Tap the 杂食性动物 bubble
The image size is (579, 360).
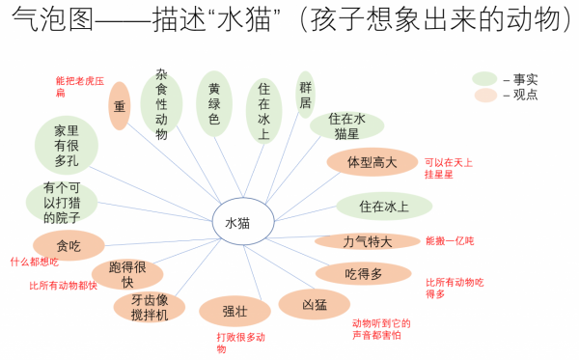[161, 103]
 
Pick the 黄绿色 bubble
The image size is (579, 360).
[214, 103]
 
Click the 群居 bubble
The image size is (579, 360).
[305, 95]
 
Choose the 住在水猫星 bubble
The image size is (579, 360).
[346, 125]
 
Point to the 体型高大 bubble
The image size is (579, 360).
[372, 162]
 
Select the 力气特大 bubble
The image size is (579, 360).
[368, 241]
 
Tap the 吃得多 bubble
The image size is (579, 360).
[364, 274]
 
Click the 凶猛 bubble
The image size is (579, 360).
[315, 304]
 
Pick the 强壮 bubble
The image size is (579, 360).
[234, 311]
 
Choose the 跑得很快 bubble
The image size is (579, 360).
[127, 274]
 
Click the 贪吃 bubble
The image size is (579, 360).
[69, 245]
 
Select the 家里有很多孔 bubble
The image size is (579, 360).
[67, 145]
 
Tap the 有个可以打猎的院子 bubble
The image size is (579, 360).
[62, 202]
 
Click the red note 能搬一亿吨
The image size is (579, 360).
[450, 240]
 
